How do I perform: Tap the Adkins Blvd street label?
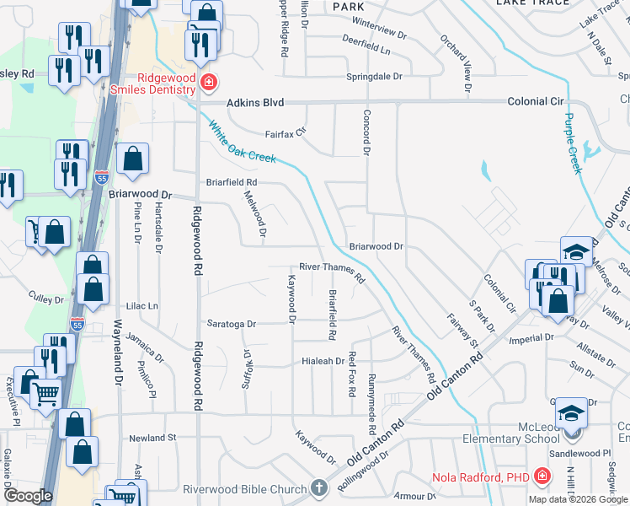(x=255, y=102)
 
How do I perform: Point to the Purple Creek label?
(x=573, y=143)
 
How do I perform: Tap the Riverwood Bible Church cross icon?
(x=318, y=487)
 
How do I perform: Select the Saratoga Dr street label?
(x=232, y=323)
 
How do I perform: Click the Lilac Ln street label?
(x=141, y=305)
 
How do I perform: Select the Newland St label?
(x=152, y=438)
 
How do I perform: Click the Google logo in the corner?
(x=28, y=496)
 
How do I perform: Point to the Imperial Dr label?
(x=531, y=337)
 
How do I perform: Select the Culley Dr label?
(x=46, y=299)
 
